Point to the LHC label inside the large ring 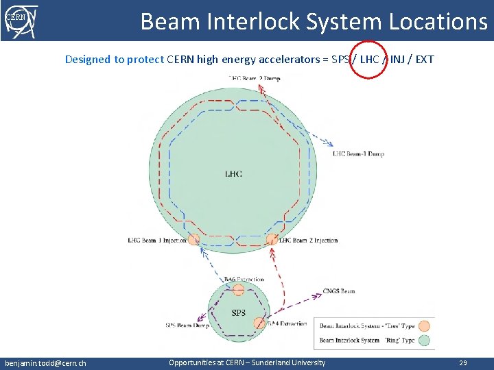click(233, 174)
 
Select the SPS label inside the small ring click(238, 313)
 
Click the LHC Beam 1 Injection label click(157, 241)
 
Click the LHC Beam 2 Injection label click(309, 241)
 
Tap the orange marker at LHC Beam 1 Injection click(193, 239)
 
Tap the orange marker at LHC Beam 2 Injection click(272, 239)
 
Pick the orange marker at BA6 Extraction click(238, 290)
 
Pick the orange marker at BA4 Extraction click(259, 323)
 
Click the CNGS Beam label click(339, 291)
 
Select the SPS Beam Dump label click(187, 325)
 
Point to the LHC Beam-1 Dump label click(358, 153)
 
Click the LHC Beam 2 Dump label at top click(255, 78)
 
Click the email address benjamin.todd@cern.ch click(45, 362)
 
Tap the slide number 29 click(463, 362)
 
